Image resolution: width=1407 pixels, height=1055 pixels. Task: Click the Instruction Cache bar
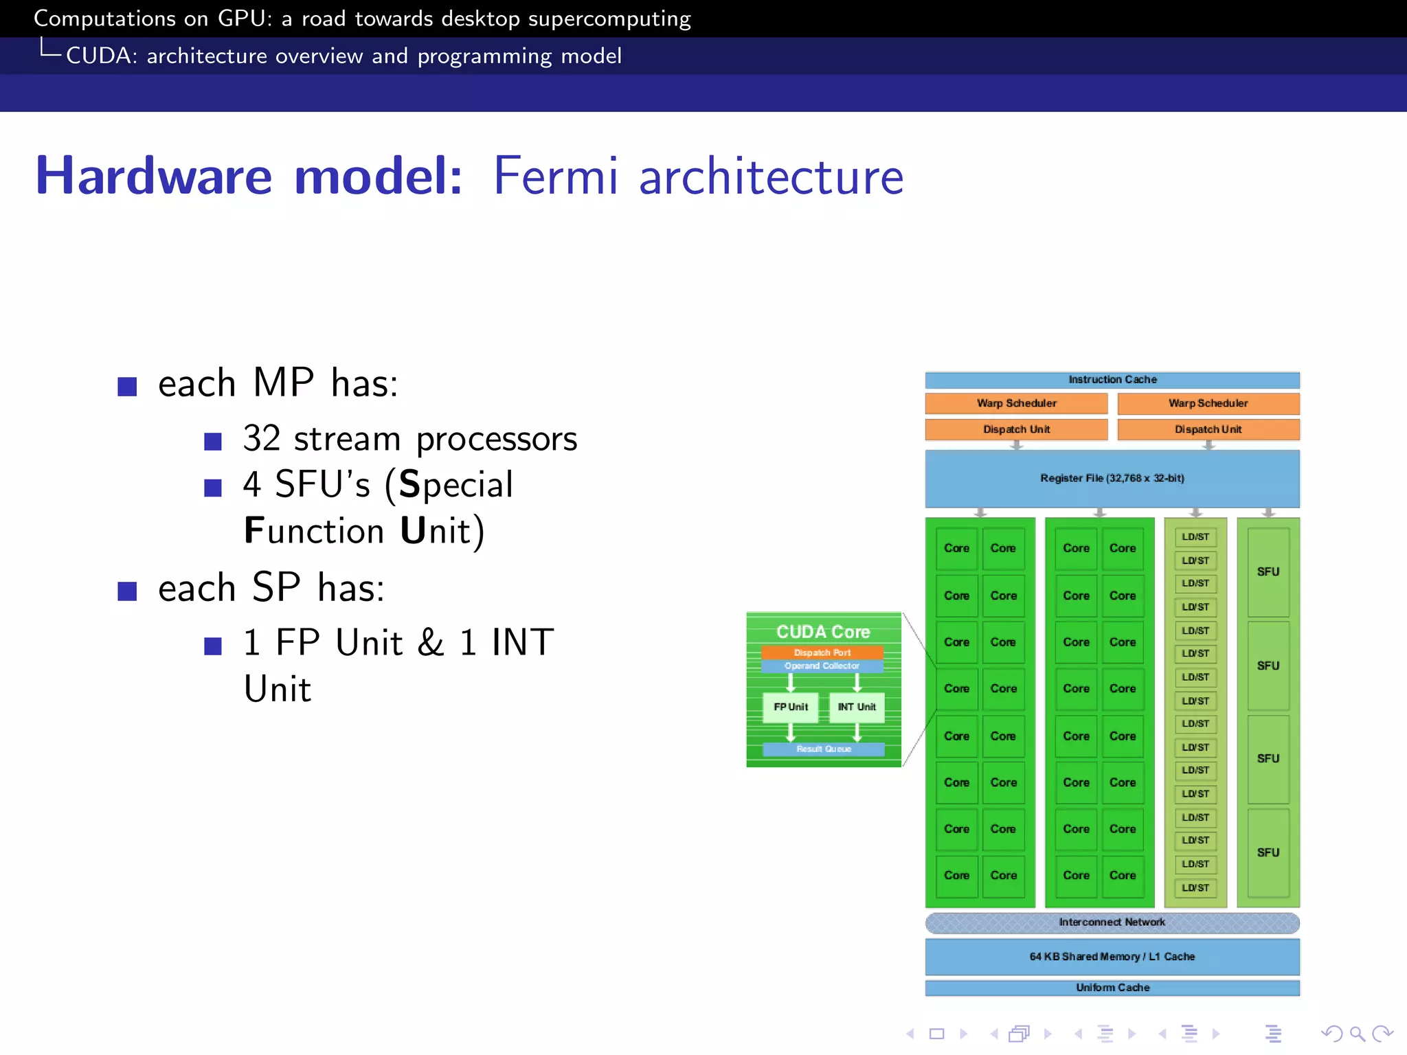1112,380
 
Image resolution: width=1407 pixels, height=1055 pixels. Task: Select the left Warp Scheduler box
1016,403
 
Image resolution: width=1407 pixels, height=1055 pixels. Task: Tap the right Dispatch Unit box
1208,429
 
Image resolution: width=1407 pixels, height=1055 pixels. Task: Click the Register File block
1112,479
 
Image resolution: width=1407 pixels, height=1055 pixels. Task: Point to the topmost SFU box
1268,571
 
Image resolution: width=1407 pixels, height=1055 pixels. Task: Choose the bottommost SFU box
1268,852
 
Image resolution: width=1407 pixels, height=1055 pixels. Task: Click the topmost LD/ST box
1195,537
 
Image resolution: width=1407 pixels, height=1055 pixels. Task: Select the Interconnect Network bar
1112,922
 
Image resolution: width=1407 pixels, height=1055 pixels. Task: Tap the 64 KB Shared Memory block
1112,957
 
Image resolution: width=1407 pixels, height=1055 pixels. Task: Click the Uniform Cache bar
1112,988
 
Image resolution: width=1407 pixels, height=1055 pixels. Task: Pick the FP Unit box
791,707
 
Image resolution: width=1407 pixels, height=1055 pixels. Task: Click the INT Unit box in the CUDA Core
857,707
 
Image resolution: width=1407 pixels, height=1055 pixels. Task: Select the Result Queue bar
824,749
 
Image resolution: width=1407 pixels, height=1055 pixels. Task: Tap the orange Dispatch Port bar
822,653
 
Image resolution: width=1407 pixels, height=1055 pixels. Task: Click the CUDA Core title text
823,632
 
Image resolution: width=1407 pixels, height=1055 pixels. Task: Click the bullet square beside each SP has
127,591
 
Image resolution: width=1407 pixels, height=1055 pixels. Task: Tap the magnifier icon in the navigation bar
1357,1034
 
